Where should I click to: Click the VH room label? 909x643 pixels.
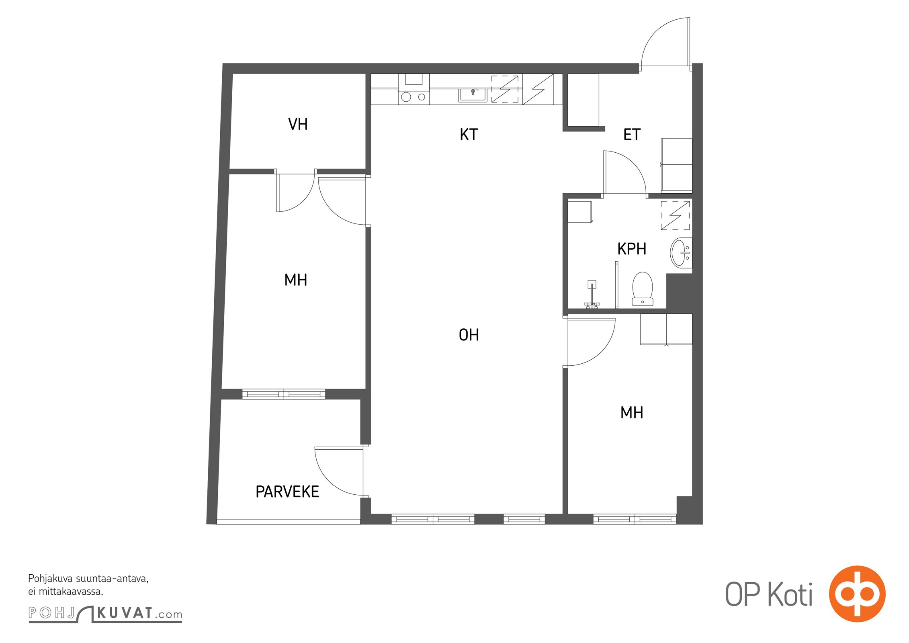(298, 124)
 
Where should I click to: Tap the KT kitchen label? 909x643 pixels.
(469, 135)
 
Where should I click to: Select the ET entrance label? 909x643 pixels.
(632, 135)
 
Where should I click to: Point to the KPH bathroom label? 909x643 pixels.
(632, 249)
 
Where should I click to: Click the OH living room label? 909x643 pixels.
(469, 335)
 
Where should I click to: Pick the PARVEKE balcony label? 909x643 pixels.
(287, 491)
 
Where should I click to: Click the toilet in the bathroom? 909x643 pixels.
(642, 289)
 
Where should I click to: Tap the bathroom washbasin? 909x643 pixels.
(681, 252)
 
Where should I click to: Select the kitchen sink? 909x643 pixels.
(473, 94)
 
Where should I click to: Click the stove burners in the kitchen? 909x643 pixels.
(414, 97)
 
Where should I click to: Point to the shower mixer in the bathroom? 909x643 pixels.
(592, 295)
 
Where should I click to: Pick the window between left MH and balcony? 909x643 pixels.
(284, 394)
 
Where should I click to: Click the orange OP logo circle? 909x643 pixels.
(857, 594)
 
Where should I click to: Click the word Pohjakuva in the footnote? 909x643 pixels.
(50, 579)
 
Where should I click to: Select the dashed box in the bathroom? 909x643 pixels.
(676, 215)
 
